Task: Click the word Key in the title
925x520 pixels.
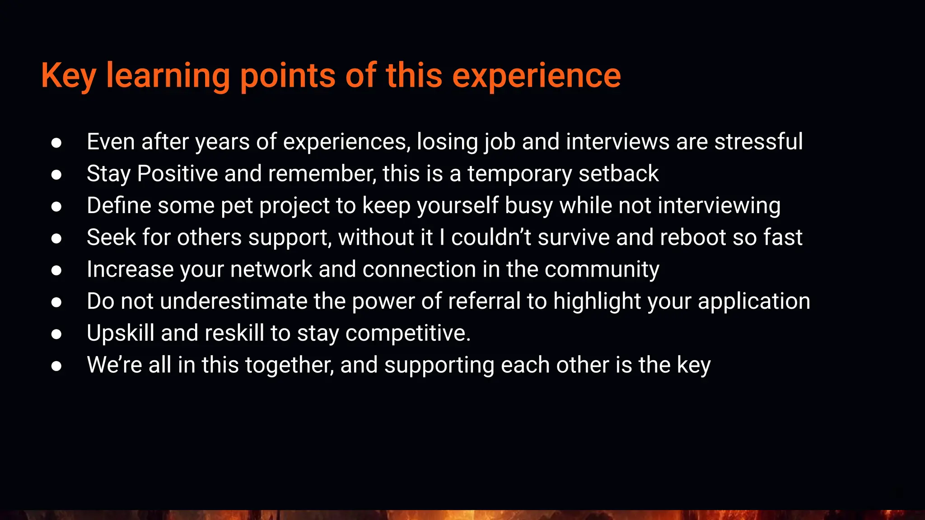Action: pyautogui.click(x=68, y=76)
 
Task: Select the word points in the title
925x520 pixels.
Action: pyautogui.click(x=287, y=76)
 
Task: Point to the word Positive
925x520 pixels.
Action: pyautogui.click(x=178, y=174)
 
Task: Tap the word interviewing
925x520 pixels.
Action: pyautogui.click(x=719, y=206)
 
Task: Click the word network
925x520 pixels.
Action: pyautogui.click(x=271, y=269)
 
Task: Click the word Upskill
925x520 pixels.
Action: pyautogui.click(x=121, y=333)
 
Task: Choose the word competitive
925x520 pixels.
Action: pyautogui.click(x=408, y=333)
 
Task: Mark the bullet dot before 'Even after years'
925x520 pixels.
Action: pyautogui.click(x=56, y=143)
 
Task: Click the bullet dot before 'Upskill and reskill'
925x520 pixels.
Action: pyautogui.click(x=56, y=334)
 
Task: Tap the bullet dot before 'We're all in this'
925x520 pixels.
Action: pyautogui.click(x=56, y=366)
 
